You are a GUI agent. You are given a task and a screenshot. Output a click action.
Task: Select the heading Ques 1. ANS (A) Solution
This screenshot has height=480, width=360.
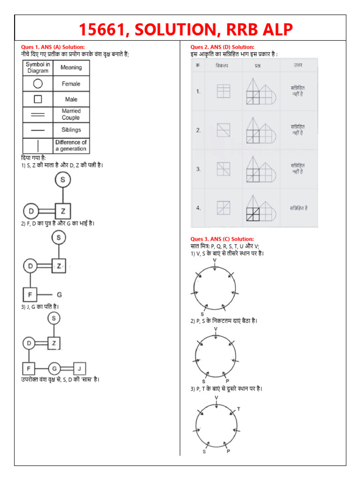53,47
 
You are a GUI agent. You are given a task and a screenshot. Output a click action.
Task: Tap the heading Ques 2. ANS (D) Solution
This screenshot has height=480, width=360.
222,47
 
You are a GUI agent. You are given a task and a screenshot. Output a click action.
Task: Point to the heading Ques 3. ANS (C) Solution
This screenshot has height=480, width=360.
222,239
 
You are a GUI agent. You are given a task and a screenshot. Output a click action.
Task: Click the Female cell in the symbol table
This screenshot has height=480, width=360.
71,84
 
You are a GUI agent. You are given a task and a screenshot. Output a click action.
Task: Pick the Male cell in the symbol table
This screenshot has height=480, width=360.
71,99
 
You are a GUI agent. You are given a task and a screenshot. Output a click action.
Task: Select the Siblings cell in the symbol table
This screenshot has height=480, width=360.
71,129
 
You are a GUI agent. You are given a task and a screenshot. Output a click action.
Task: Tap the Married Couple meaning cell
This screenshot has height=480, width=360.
71,114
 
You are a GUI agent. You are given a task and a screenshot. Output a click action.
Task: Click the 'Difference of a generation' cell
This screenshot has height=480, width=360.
71,145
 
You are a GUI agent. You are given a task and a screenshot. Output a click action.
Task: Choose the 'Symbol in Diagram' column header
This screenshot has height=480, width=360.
38,68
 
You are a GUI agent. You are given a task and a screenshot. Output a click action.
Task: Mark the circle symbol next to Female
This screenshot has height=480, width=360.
38,84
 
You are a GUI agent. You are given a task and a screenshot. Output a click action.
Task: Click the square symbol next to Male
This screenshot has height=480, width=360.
38,99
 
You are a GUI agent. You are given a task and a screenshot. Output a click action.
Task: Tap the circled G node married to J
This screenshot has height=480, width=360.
54,368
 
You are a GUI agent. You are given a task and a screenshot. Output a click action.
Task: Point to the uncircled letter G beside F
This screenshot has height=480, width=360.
60,294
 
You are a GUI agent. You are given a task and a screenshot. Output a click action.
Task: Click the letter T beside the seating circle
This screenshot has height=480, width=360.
238,409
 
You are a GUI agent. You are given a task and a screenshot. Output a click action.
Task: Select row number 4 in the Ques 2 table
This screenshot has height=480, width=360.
199,208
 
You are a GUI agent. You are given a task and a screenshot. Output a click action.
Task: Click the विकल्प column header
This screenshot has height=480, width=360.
222,65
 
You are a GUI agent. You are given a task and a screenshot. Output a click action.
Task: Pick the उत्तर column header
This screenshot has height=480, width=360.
298,65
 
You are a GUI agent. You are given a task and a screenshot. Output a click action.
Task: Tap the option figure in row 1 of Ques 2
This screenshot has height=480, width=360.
223,91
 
